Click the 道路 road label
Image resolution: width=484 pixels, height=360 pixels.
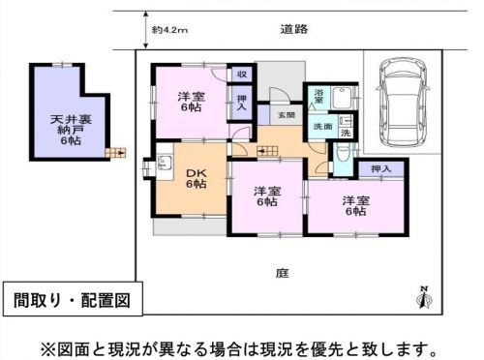pos(294,29)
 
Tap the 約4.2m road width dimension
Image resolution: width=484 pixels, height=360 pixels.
pos(170,30)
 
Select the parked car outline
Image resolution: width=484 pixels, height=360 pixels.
pos(403,102)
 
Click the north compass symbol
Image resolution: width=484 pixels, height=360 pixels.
pos(425,297)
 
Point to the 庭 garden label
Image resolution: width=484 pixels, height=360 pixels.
pos(283,273)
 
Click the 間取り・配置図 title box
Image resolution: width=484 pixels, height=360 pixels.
pos(73,299)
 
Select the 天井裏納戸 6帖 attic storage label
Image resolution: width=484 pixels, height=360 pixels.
pos(71,130)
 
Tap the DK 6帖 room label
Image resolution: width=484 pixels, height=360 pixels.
pos(197,178)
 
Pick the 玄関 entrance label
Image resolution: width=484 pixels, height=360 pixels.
pos(287,115)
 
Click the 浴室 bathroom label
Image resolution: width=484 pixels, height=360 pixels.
pos(318,96)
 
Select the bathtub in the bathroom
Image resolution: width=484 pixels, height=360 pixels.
pos(343,98)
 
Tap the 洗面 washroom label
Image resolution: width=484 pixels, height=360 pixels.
pos(322,127)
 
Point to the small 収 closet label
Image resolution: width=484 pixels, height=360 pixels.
pos(242,75)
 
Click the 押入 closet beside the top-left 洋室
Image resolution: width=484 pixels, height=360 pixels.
pos(242,103)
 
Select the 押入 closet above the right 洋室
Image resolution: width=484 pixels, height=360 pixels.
pos(380,168)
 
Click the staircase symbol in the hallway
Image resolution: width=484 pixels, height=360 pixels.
pos(267,151)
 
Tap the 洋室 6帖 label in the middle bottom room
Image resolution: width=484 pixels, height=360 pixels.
pos(267,196)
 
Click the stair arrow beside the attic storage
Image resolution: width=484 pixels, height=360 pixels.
pos(115,153)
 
